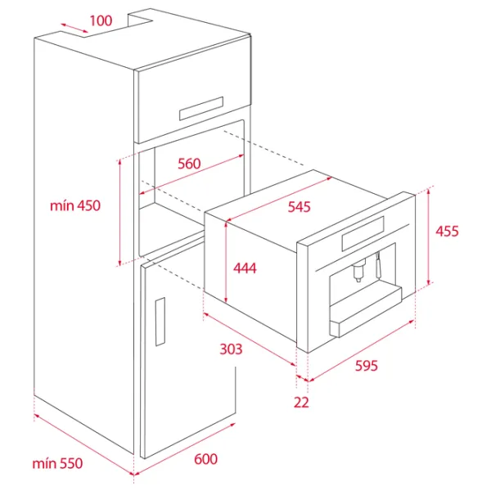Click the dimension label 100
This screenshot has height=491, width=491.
[x=101, y=20]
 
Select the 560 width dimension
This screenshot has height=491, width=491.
[x=189, y=164]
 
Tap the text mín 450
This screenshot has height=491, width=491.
[x=75, y=205]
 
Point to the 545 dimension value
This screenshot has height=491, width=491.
[x=299, y=207]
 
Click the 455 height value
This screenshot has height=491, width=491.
[x=447, y=231]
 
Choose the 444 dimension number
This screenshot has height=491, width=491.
[x=245, y=268]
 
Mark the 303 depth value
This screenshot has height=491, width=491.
[x=231, y=349]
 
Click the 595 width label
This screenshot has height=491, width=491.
[x=367, y=366]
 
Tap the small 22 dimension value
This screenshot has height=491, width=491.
[x=301, y=402]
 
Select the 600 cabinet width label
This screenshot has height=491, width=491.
[x=205, y=459]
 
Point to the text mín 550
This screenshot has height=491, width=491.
[x=57, y=463]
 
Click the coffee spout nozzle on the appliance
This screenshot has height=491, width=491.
[x=358, y=271]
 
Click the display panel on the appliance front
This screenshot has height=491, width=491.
[x=363, y=233]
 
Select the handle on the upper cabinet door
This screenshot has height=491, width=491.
[x=201, y=108]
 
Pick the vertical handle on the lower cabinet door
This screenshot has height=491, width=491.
[x=160, y=322]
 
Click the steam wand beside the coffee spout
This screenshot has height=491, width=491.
[x=379, y=265]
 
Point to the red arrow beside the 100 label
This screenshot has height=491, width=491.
[x=74, y=28]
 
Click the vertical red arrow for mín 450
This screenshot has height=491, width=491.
[x=119, y=213]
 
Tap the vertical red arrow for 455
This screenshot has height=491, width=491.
[x=429, y=236]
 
